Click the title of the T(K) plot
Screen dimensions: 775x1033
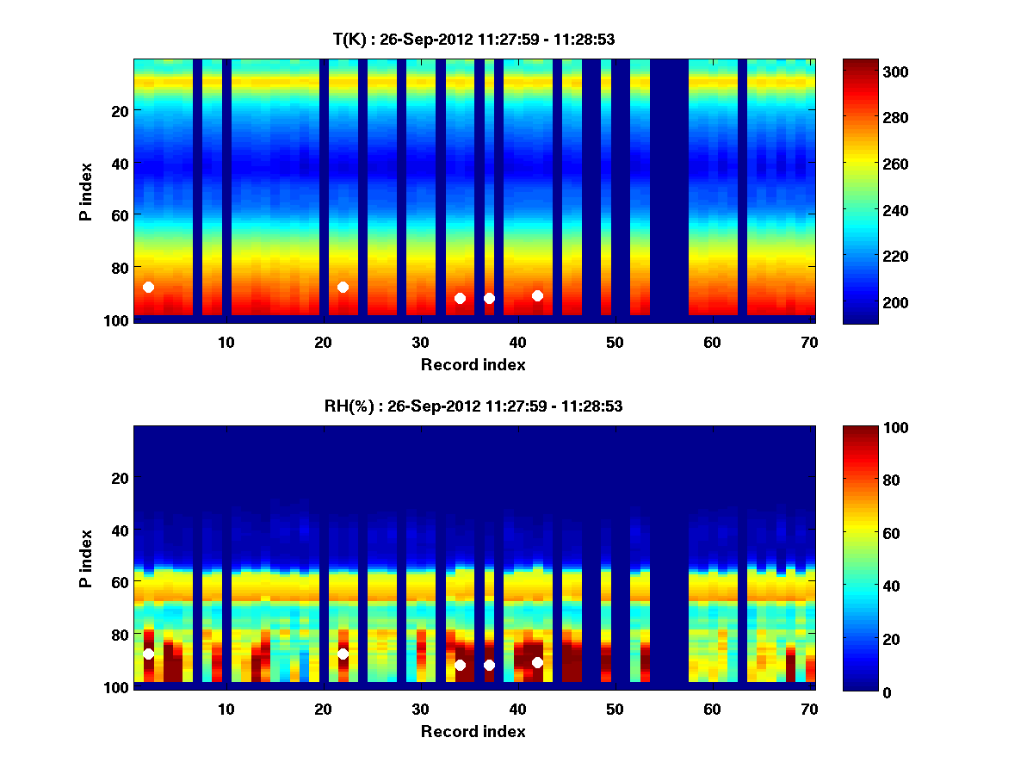pyautogui.click(x=473, y=39)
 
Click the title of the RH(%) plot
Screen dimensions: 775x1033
pyautogui.click(x=473, y=406)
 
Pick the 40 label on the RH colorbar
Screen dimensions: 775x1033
pyautogui.click(x=872, y=586)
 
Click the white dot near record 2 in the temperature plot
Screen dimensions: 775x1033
pyautogui.click(x=148, y=287)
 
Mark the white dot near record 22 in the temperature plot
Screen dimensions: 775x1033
pyautogui.click(x=343, y=287)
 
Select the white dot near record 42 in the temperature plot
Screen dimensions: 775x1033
pyautogui.click(x=537, y=295)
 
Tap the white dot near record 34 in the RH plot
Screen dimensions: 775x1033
pyautogui.click(x=460, y=665)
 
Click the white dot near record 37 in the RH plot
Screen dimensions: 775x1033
pyautogui.click(x=489, y=665)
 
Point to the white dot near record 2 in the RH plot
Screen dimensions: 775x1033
pyautogui.click(x=148, y=654)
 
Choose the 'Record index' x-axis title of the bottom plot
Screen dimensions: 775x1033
pyautogui.click(x=473, y=732)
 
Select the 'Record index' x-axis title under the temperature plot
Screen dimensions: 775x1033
pyautogui.click(x=473, y=365)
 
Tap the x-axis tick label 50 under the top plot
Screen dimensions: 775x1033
pyautogui.click(x=615, y=342)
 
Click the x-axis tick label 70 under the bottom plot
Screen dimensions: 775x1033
pyautogui.click(x=809, y=709)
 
